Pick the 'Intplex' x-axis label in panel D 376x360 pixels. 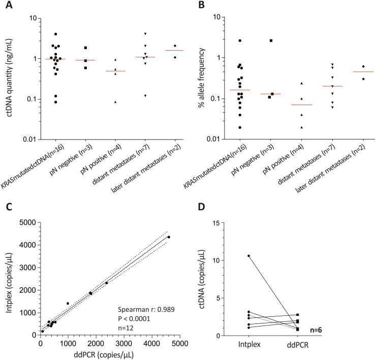[x=249, y=346]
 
